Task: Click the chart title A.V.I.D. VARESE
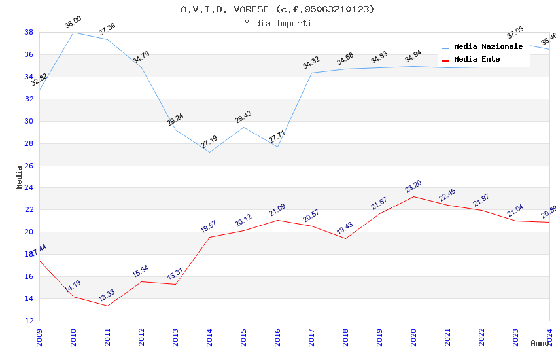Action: tap(277, 9)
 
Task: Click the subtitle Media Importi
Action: tap(277, 23)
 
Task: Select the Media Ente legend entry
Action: tap(477, 60)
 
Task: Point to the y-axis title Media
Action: tap(20, 177)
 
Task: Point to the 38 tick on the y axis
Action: tap(29, 32)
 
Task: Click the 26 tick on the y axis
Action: tap(29, 166)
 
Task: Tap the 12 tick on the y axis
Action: tap(29, 321)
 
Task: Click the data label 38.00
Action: tap(73, 24)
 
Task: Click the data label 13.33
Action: tap(107, 296)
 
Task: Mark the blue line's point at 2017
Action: tap(311, 73)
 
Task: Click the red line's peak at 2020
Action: tap(413, 196)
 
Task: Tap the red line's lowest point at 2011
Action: tap(107, 306)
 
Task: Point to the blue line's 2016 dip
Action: tap(277, 147)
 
